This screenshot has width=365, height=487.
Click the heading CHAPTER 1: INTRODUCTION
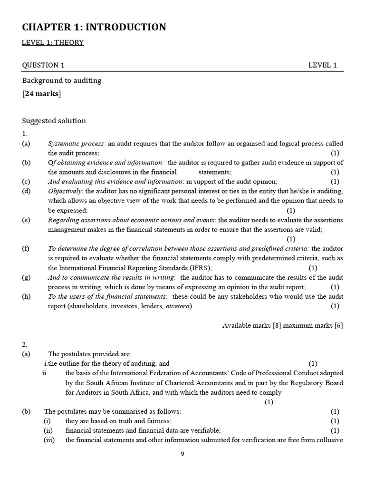(94, 27)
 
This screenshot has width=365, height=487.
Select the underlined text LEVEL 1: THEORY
(53, 43)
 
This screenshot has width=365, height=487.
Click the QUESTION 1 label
(43, 65)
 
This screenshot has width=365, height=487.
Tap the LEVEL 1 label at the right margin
(322, 65)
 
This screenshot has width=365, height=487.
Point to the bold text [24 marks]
(42, 93)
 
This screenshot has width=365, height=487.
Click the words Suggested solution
(54, 121)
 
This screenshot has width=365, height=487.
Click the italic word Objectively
(65, 191)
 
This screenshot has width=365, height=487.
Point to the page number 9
(182, 454)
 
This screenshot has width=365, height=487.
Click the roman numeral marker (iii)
(49, 440)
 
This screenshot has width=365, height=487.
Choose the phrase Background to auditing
(62, 80)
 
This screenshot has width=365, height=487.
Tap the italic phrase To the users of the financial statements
(107, 296)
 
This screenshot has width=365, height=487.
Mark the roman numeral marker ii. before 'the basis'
(45, 373)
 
